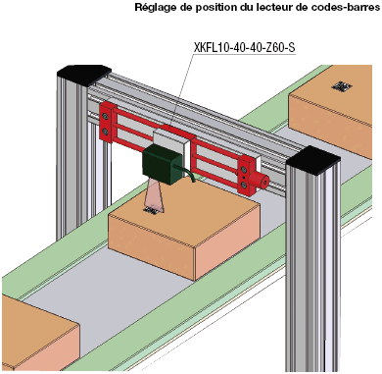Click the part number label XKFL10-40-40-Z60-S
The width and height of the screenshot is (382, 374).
(x=244, y=48)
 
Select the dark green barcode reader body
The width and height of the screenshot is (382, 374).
(x=162, y=164)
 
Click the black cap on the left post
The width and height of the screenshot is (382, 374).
(x=84, y=75)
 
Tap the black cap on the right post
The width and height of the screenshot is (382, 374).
(x=313, y=160)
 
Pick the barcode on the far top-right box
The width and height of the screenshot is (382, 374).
(x=342, y=86)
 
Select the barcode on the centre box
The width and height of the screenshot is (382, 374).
(x=152, y=210)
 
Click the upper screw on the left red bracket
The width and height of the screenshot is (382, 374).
(x=105, y=116)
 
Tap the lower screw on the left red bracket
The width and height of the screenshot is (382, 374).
(x=105, y=132)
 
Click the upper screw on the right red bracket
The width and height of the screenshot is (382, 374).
(x=244, y=169)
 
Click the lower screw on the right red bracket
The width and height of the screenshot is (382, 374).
(x=244, y=186)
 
